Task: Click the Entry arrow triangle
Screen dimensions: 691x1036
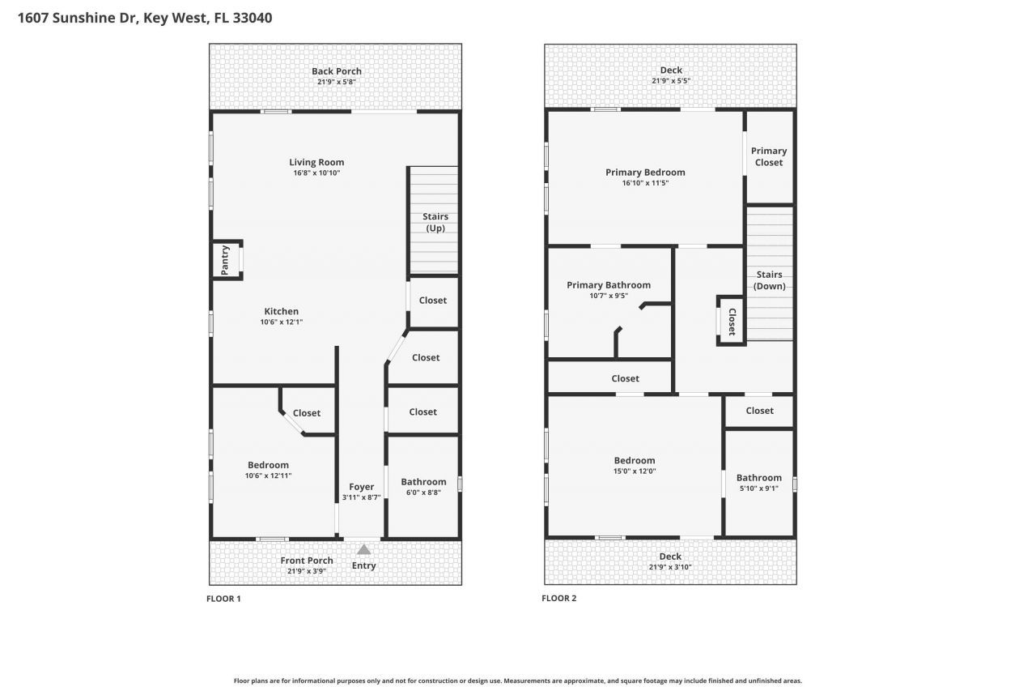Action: tap(364, 549)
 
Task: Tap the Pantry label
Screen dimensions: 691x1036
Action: tap(225, 259)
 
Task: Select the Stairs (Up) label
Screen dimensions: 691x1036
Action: tap(435, 223)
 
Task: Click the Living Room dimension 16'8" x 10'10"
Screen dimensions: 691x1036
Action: tap(316, 173)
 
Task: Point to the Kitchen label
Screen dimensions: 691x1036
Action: tap(282, 311)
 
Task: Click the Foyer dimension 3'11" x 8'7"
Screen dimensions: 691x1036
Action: tap(361, 497)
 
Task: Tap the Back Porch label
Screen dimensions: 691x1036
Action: tap(337, 71)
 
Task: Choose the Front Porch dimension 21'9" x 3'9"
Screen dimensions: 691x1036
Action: tap(307, 571)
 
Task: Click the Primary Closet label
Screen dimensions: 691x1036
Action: tap(769, 156)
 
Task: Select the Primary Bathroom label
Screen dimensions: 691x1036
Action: tap(609, 285)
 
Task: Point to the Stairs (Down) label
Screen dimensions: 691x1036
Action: tap(769, 280)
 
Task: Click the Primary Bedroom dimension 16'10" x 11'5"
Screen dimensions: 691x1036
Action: tap(645, 183)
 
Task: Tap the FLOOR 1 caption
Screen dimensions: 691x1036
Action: tap(223, 599)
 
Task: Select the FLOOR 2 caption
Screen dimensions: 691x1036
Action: tap(558, 599)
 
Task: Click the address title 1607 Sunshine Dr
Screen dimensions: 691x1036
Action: tap(77, 17)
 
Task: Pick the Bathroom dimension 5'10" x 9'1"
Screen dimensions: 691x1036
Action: tap(759, 488)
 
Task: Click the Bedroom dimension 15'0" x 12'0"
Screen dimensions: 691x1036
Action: tap(635, 471)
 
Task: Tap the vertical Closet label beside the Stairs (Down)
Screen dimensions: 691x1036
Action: tap(732, 322)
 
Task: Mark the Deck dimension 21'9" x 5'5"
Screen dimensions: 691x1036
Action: tap(671, 81)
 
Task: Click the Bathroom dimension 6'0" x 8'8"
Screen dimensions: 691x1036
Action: tap(423, 492)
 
